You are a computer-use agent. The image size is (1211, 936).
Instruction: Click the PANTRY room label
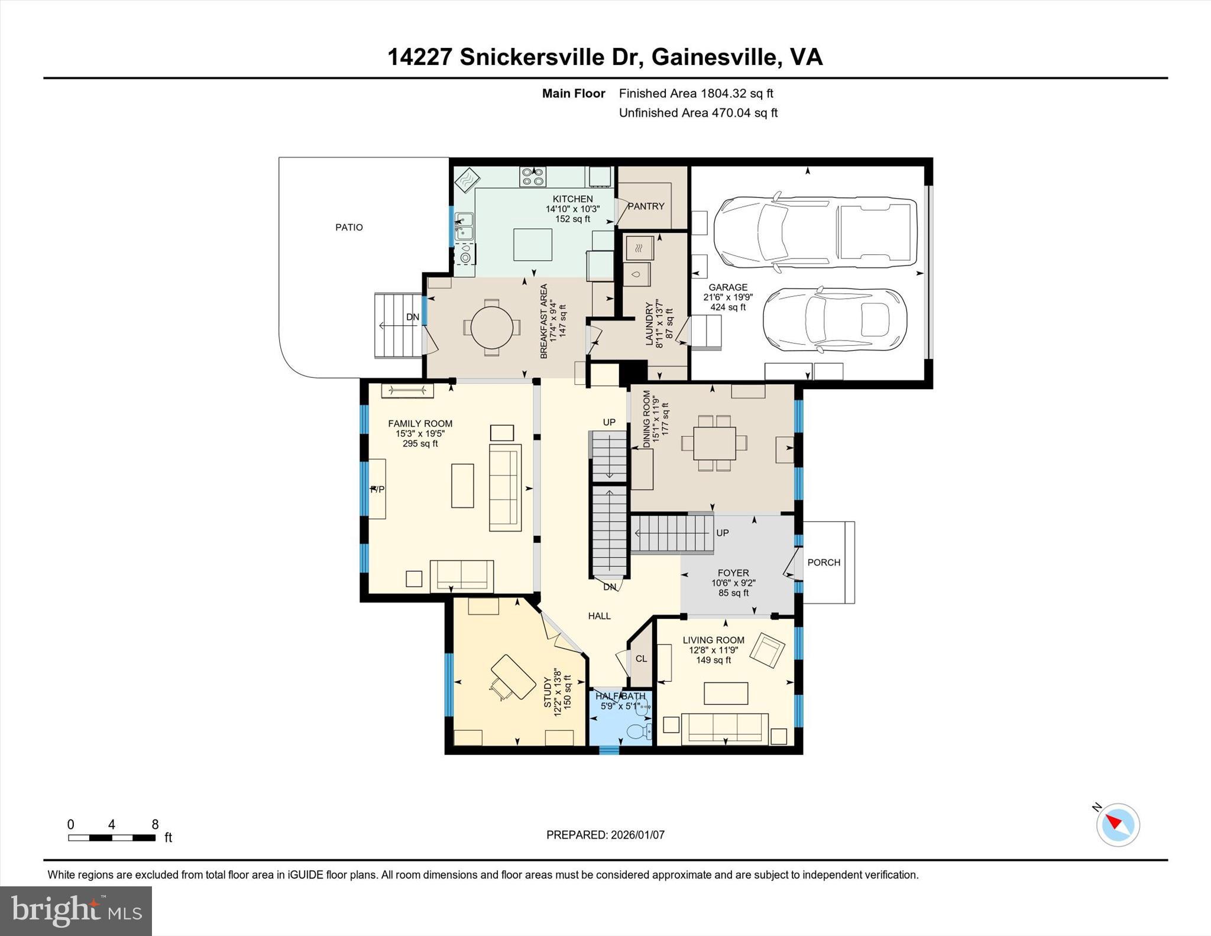point(646,206)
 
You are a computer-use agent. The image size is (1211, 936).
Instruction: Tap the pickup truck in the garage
point(815,232)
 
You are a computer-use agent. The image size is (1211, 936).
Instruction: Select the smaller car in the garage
point(834,320)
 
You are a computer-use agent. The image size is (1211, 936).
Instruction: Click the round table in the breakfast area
point(491,327)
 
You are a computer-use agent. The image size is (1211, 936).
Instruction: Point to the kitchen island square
point(532,245)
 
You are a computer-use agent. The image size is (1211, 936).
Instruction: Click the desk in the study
point(510,676)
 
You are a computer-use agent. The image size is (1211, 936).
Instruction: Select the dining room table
point(714,443)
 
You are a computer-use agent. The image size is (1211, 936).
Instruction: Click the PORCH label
point(824,562)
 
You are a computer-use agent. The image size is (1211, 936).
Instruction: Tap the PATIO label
point(349,227)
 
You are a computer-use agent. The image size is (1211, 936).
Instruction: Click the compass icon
point(1118,825)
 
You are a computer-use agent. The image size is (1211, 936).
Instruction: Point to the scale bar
point(112,837)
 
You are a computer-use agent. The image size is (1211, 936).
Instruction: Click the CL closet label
point(641,659)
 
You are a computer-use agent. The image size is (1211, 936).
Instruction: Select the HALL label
point(599,616)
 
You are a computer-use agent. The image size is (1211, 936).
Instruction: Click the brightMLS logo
point(76,911)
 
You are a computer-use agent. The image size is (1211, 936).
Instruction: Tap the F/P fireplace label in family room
point(377,489)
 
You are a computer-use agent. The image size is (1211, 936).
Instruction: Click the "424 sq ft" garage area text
point(728,307)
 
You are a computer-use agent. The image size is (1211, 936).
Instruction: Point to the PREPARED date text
point(605,835)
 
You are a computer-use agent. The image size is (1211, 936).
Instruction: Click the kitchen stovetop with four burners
point(532,177)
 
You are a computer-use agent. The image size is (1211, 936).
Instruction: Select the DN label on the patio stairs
point(413,317)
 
